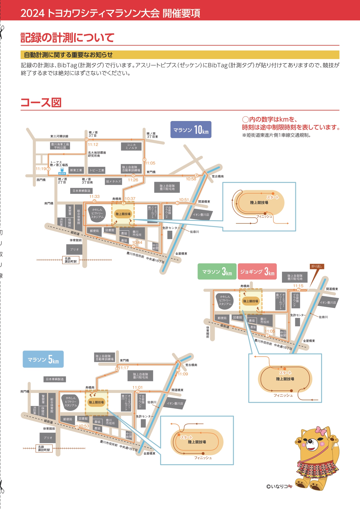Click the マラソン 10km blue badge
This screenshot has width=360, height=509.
(x=191, y=129)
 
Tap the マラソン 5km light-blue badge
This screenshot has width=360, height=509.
(x=43, y=359)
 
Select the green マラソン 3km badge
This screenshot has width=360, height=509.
(x=217, y=272)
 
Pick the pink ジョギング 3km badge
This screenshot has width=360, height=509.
(x=257, y=272)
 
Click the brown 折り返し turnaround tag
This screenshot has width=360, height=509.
(x=317, y=266)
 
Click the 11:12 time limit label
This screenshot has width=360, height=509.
(x=93, y=145)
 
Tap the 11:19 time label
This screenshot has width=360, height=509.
(x=41, y=169)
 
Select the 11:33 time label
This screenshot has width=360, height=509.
(x=94, y=196)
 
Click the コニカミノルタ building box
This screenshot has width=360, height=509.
(x=131, y=146)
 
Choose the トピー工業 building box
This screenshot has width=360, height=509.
(x=97, y=170)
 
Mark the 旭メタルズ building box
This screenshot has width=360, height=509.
(x=113, y=181)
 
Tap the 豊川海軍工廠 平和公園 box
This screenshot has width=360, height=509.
(x=60, y=146)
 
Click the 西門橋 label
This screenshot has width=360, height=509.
(x=41, y=180)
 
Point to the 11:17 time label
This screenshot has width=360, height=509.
(x=124, y=368)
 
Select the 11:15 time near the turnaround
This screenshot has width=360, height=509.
(x=298, y=286)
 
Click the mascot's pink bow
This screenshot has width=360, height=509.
(x=321, y=430)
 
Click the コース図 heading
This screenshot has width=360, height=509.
(x=41, y=102)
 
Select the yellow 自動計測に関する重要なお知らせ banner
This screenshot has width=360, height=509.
(x=180, y=55)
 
